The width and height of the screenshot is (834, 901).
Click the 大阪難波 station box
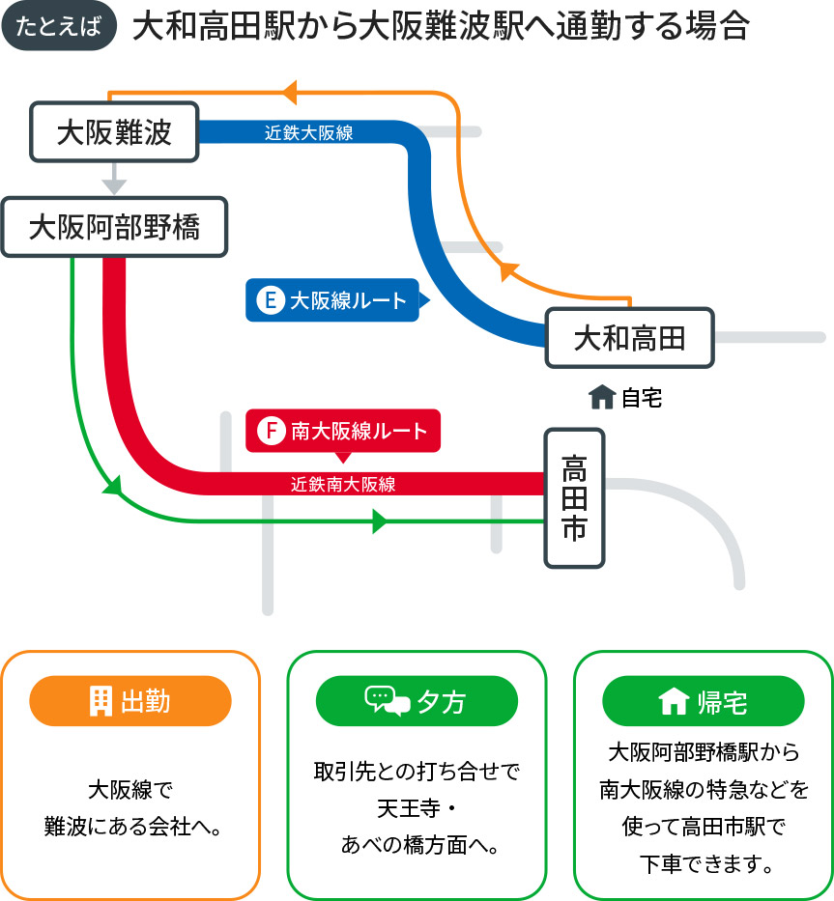click(114, 132)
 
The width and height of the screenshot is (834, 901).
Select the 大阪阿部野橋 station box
click(114, 228)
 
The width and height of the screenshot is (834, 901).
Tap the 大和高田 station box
click(629, 338)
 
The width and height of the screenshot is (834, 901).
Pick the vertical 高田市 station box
click(574, 498)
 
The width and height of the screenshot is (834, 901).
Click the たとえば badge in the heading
click(60, 27)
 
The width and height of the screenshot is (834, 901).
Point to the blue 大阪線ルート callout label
click(333, 300)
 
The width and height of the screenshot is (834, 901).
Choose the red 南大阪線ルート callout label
click(343, 431)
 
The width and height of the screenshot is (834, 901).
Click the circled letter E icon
click(270, 300)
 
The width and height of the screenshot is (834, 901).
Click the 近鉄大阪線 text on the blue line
click(309, 133)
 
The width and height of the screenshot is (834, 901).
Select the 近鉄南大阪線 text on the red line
click(343, 484)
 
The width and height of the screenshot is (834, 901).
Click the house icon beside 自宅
click(601, 397)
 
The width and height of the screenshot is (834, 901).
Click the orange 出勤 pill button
click(130, 701)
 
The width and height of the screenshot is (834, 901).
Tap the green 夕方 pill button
click(417, 701)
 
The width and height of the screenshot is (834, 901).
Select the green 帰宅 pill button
click(703, 701)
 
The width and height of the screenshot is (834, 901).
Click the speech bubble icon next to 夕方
click(387, 701)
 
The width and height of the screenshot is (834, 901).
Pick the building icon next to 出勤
click(100, 701)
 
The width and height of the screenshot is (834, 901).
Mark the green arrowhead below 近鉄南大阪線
click(379, 522)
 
